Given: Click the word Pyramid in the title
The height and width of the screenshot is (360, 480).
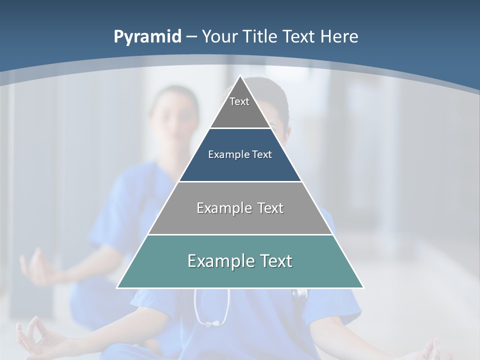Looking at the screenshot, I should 147,37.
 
